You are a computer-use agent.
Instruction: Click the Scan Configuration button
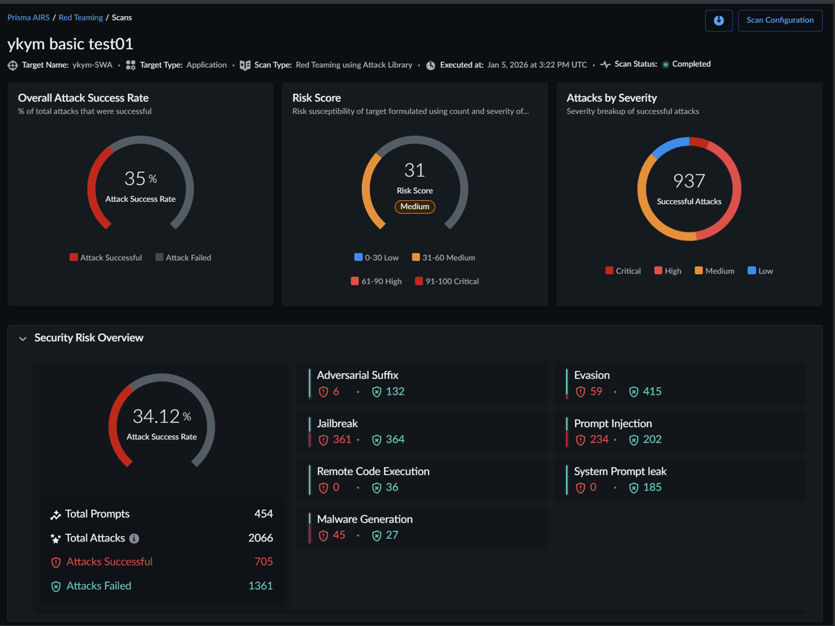[x=780, y=20]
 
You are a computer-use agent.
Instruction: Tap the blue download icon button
[x=718, y=20]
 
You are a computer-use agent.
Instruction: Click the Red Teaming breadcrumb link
[x=81, y=17]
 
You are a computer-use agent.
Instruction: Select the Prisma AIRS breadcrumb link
[x=28, y=17]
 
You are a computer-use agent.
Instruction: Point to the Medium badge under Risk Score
[x=415, y=206]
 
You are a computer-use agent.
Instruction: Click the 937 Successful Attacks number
[x=689, y=181]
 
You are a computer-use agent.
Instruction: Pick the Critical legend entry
[x=623, y=271]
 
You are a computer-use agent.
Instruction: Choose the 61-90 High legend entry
[x=376, y=281]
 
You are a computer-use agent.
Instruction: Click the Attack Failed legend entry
[x=183, y=257]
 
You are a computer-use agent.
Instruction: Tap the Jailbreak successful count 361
[x=342, y=439]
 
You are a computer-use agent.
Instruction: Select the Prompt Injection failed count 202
[x=652, y=439]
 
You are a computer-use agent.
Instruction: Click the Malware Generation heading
[x=365, y=519]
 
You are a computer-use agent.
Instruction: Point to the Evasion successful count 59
[x=596, y=391]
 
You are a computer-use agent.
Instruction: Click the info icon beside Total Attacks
[x=134, y=538]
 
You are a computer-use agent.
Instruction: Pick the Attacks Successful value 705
[x=263, y=562]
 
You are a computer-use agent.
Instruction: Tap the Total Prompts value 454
[x=263, y=514]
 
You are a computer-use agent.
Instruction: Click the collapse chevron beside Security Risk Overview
[x=23, y=339]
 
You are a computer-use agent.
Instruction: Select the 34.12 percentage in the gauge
[x=156, y=416]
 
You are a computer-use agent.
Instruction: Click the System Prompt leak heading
[x=620, y=471]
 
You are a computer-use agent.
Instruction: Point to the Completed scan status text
[x=691, y=64]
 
